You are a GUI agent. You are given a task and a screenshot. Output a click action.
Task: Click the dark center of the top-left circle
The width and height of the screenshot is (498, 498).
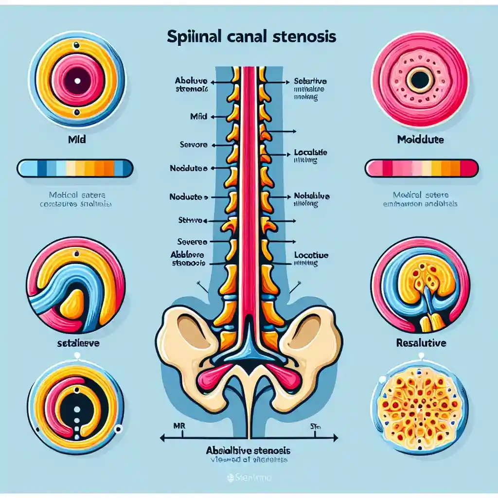tap(77, 80)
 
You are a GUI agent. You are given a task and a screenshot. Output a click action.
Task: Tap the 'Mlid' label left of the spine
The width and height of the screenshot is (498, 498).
tap(199, 117)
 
